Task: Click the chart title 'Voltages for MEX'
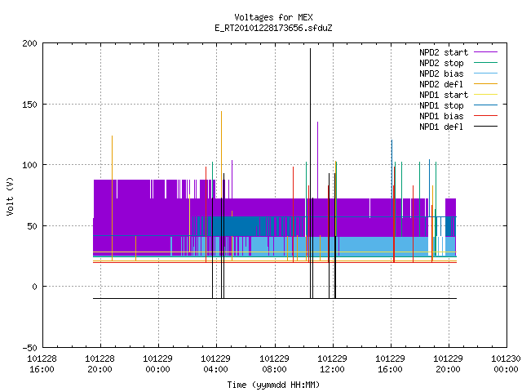[273, 17]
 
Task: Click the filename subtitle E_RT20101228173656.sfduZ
[273, 28]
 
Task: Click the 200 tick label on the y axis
[29, 43]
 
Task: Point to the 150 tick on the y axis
[29, 105]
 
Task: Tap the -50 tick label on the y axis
[29, 348]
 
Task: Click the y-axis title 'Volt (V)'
[11, 196]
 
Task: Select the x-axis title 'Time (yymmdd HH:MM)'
[273, 385]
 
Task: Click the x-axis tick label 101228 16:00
[42, 364]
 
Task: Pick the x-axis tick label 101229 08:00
[274, 364]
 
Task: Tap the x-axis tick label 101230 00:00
[506, 364]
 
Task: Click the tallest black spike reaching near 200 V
[310, 173]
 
